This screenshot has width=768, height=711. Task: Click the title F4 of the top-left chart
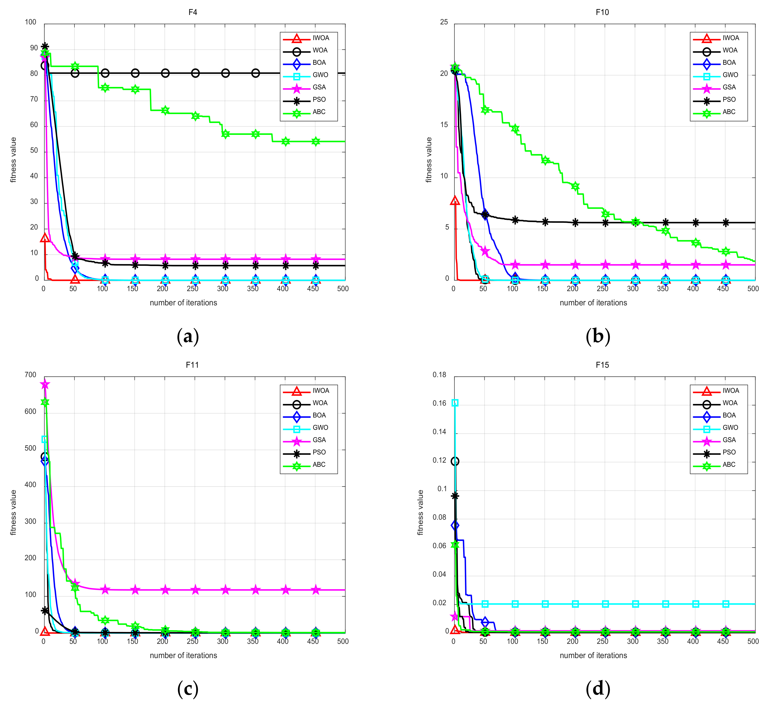(x=192, y=12)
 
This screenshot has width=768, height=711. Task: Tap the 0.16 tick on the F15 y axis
(x=440, y=403)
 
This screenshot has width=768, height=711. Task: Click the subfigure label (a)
(x=188, y=336)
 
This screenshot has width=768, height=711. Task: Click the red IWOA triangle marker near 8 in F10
(x=455, y=201)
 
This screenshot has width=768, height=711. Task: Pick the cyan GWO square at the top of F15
(x=455, y=403)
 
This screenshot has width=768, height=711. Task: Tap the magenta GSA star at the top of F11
(x=45, y=384)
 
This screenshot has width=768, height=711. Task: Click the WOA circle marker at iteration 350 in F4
(x=256, y=73)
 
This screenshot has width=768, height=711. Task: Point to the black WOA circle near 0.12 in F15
(x=455, y=461)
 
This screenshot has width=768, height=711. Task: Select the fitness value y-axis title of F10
(x=429, y=160)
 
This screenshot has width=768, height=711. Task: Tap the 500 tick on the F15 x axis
(x=753, y=641)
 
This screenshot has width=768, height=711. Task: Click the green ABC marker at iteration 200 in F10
(x=575, y=186)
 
